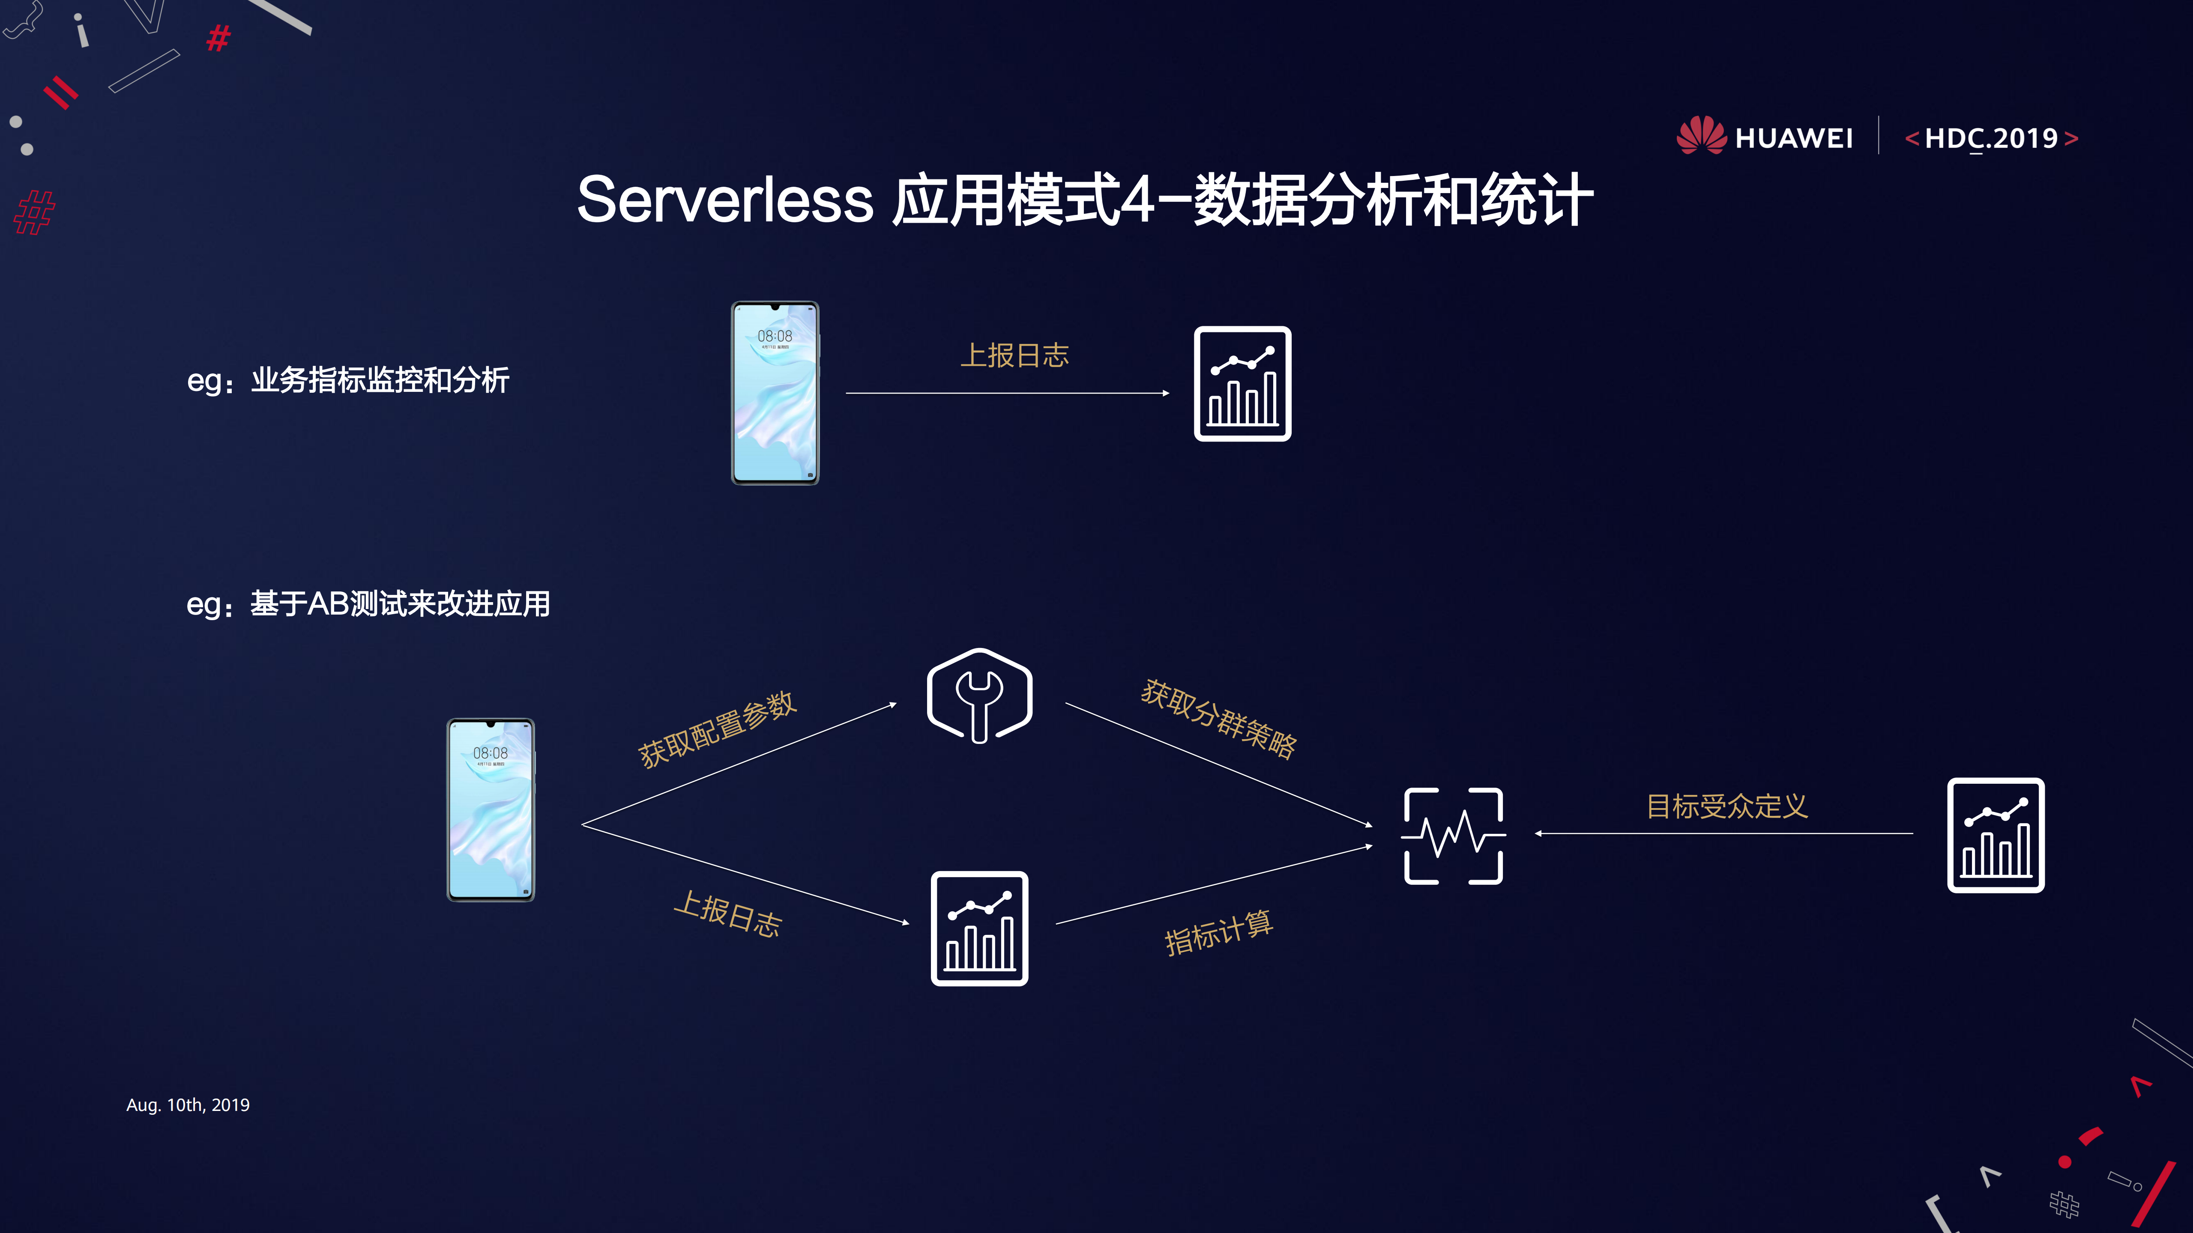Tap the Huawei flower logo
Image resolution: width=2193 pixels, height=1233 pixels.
point(1701,136)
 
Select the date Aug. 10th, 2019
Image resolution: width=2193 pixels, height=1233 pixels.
point(188,1105)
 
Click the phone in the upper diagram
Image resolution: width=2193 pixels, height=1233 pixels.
point(775,393)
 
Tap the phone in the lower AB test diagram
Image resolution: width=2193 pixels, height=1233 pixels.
point(491,810)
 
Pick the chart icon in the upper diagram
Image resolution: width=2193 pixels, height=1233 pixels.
point(1242,384)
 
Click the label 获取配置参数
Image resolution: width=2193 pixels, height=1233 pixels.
point(717,729)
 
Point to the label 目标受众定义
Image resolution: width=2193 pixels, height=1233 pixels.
point(1726,806)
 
